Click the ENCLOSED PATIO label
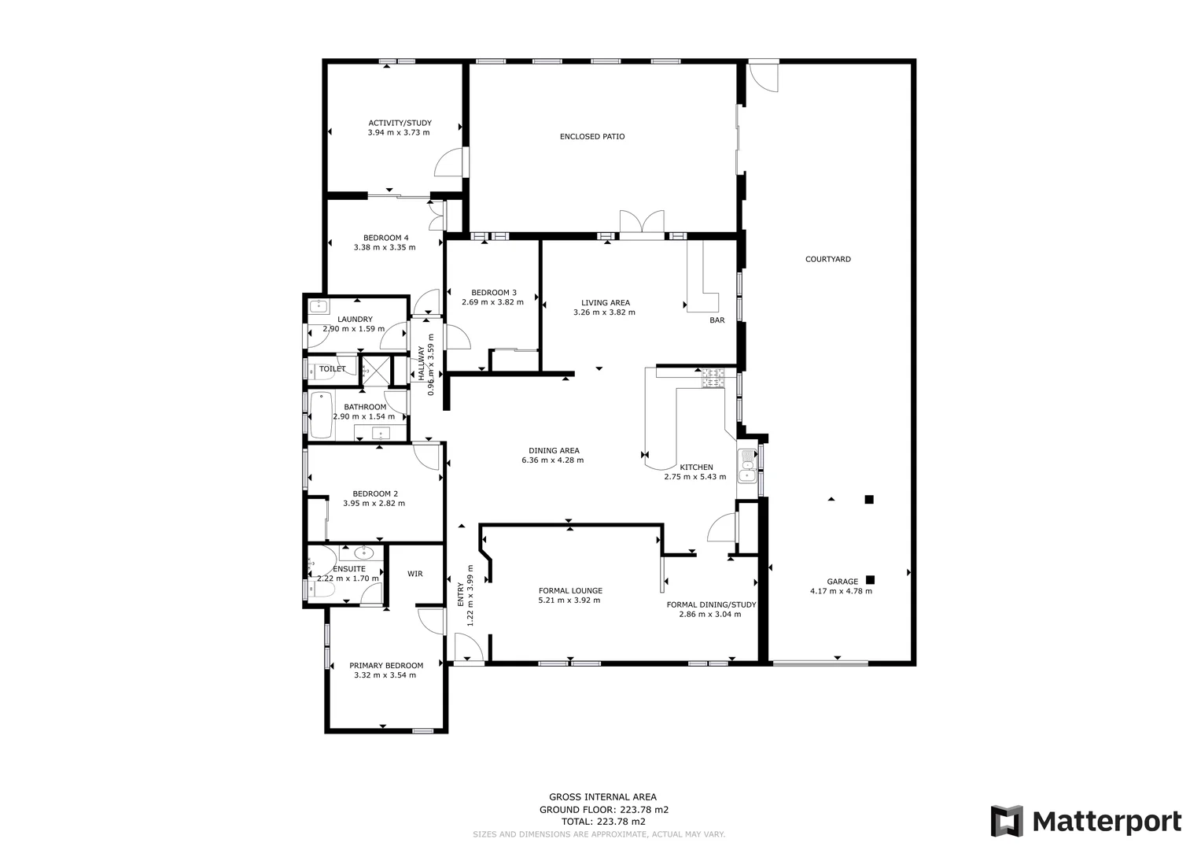tap(592, 137)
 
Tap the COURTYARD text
tap(827, 259)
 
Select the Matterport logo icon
tap(1007, 821)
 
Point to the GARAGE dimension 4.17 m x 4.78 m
tap(841, 592)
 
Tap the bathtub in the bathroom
tap(320, 415)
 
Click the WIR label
tap(414, 574)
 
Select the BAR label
tap(717, 320)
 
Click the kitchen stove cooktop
tap(713, 379)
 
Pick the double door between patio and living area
tap(641, 223)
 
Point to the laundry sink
tap(319, 306)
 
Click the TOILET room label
tap(332, 369)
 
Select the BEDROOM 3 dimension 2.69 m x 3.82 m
tap(492, 302)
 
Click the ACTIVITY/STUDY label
tap(400, 123)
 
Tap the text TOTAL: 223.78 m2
tap(603, 822)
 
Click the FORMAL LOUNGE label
tap(570, 590)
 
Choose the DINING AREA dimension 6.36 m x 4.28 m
tap(552, 460)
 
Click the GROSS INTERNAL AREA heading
tap(602, 797)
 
